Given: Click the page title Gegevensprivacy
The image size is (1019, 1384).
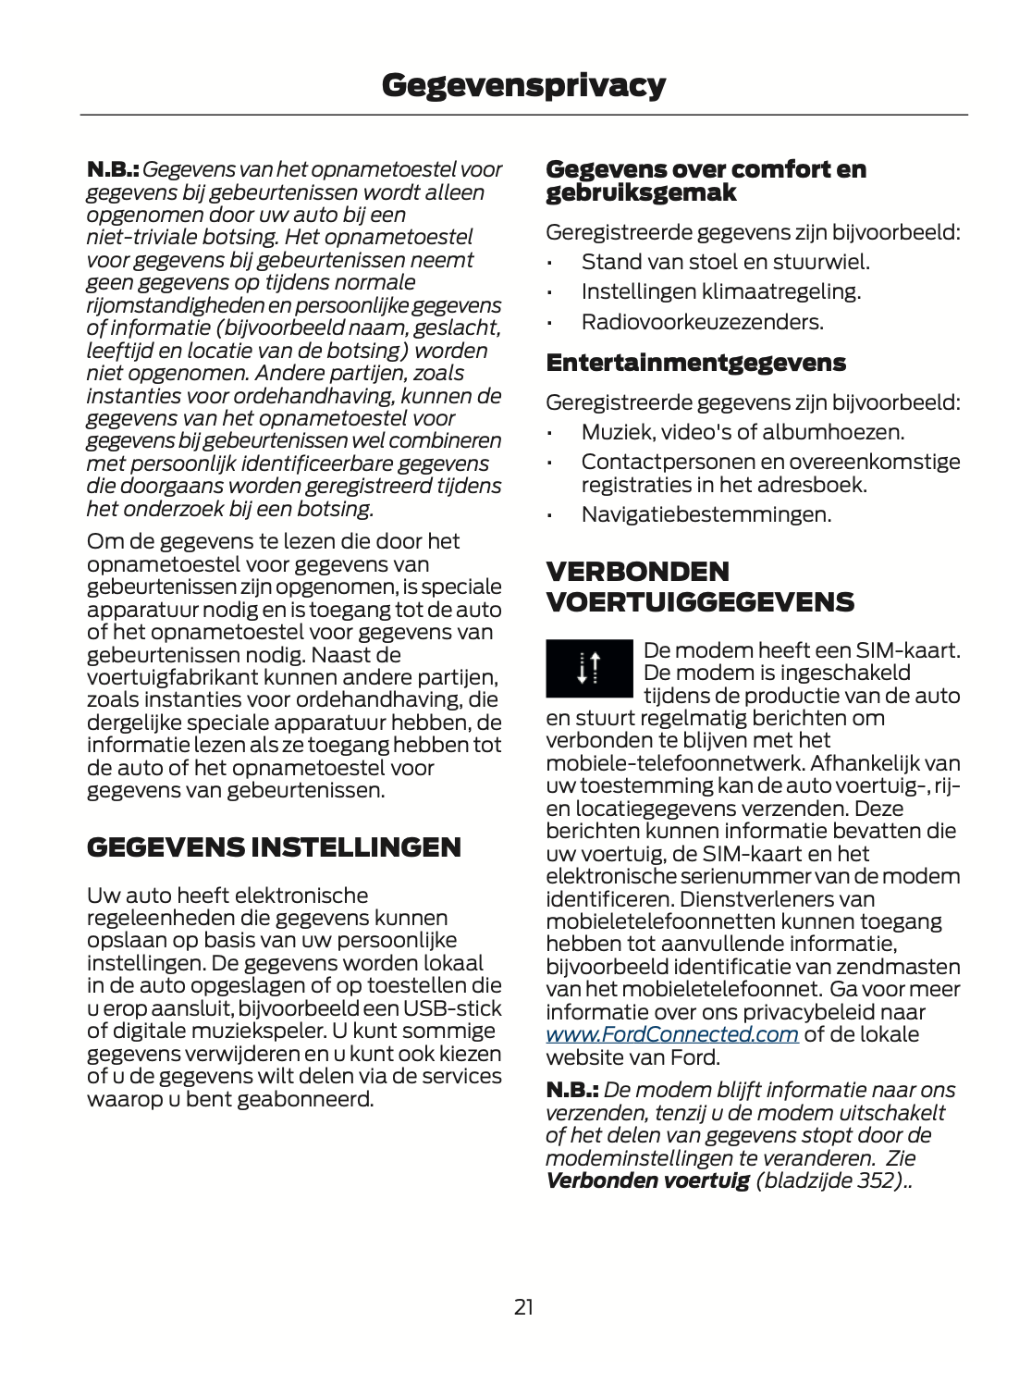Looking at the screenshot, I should pos(523,85).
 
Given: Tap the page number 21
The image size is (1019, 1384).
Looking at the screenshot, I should pos(523,1306).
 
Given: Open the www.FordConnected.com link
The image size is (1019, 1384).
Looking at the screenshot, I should pos(671,1034).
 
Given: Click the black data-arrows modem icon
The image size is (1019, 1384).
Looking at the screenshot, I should pos(589,667).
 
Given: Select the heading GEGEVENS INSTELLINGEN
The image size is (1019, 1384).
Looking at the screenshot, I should pos(274,847).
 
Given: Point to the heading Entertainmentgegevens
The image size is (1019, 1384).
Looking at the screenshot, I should pos(695,362).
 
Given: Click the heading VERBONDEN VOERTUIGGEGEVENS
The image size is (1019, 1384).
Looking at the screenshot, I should pos(700,587).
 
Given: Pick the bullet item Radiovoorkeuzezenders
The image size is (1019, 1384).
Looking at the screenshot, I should pos(702,322).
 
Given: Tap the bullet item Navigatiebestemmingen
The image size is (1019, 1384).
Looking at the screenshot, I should pos(706,514).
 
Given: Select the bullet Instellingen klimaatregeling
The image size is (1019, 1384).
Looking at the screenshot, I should pos(720,291).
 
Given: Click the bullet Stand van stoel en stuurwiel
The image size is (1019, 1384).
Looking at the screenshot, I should pos(725,262).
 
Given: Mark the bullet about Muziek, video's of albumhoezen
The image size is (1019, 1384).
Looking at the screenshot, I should pos(743,432).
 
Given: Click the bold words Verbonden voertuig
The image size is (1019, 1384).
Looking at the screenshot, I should pos(647,1180).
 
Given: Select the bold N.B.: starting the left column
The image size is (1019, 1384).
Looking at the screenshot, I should pos(113,170).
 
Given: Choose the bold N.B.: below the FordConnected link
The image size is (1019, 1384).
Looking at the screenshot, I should pos(571,1091).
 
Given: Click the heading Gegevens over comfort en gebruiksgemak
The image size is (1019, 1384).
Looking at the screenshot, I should pos(706,180).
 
